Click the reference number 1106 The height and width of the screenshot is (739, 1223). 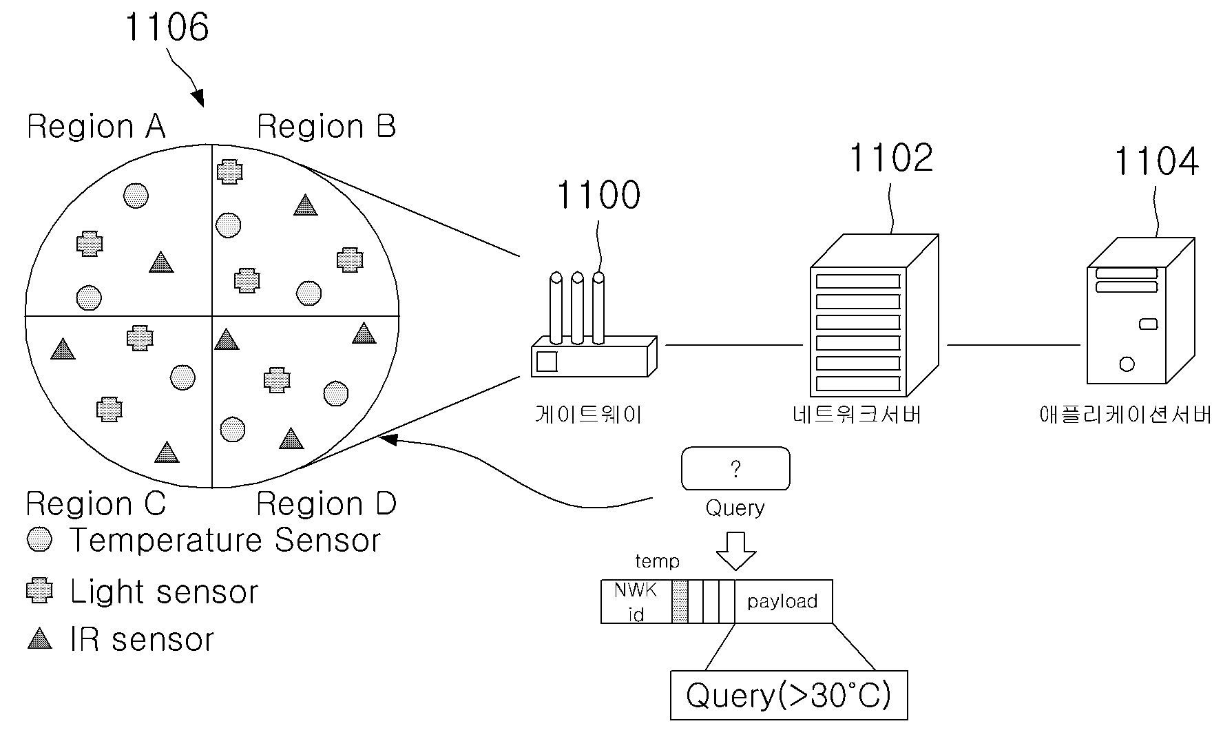(x=167, y=28)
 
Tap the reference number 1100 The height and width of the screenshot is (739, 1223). (x=598, y=195)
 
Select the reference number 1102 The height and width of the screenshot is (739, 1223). (x=891, y=158)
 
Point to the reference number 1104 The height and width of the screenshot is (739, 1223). (x=1156, y=162)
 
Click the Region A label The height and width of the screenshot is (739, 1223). (x=96, y=127)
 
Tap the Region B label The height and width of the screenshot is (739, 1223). (x=326, y=127)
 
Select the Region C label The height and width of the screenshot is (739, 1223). (x=96, y=504)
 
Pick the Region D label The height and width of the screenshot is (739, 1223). (x=326, y=504)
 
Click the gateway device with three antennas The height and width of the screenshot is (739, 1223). (x=594, y=325)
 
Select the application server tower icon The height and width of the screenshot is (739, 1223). (x=1140, y=311)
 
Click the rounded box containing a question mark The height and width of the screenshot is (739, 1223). (x=735, y=469)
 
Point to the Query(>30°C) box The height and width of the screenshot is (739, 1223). (x=789, y=696)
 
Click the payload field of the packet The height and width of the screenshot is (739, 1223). (x=784, y=602)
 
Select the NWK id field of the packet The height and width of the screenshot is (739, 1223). (x=636, y=602)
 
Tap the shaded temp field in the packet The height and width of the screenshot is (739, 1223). (x=680, y=602)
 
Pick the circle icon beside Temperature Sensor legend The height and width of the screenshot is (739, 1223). (x=39, y=540)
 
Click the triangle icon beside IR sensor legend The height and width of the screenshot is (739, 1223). (x=39, y=638)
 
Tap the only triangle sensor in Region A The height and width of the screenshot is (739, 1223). (x=161, y=262)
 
